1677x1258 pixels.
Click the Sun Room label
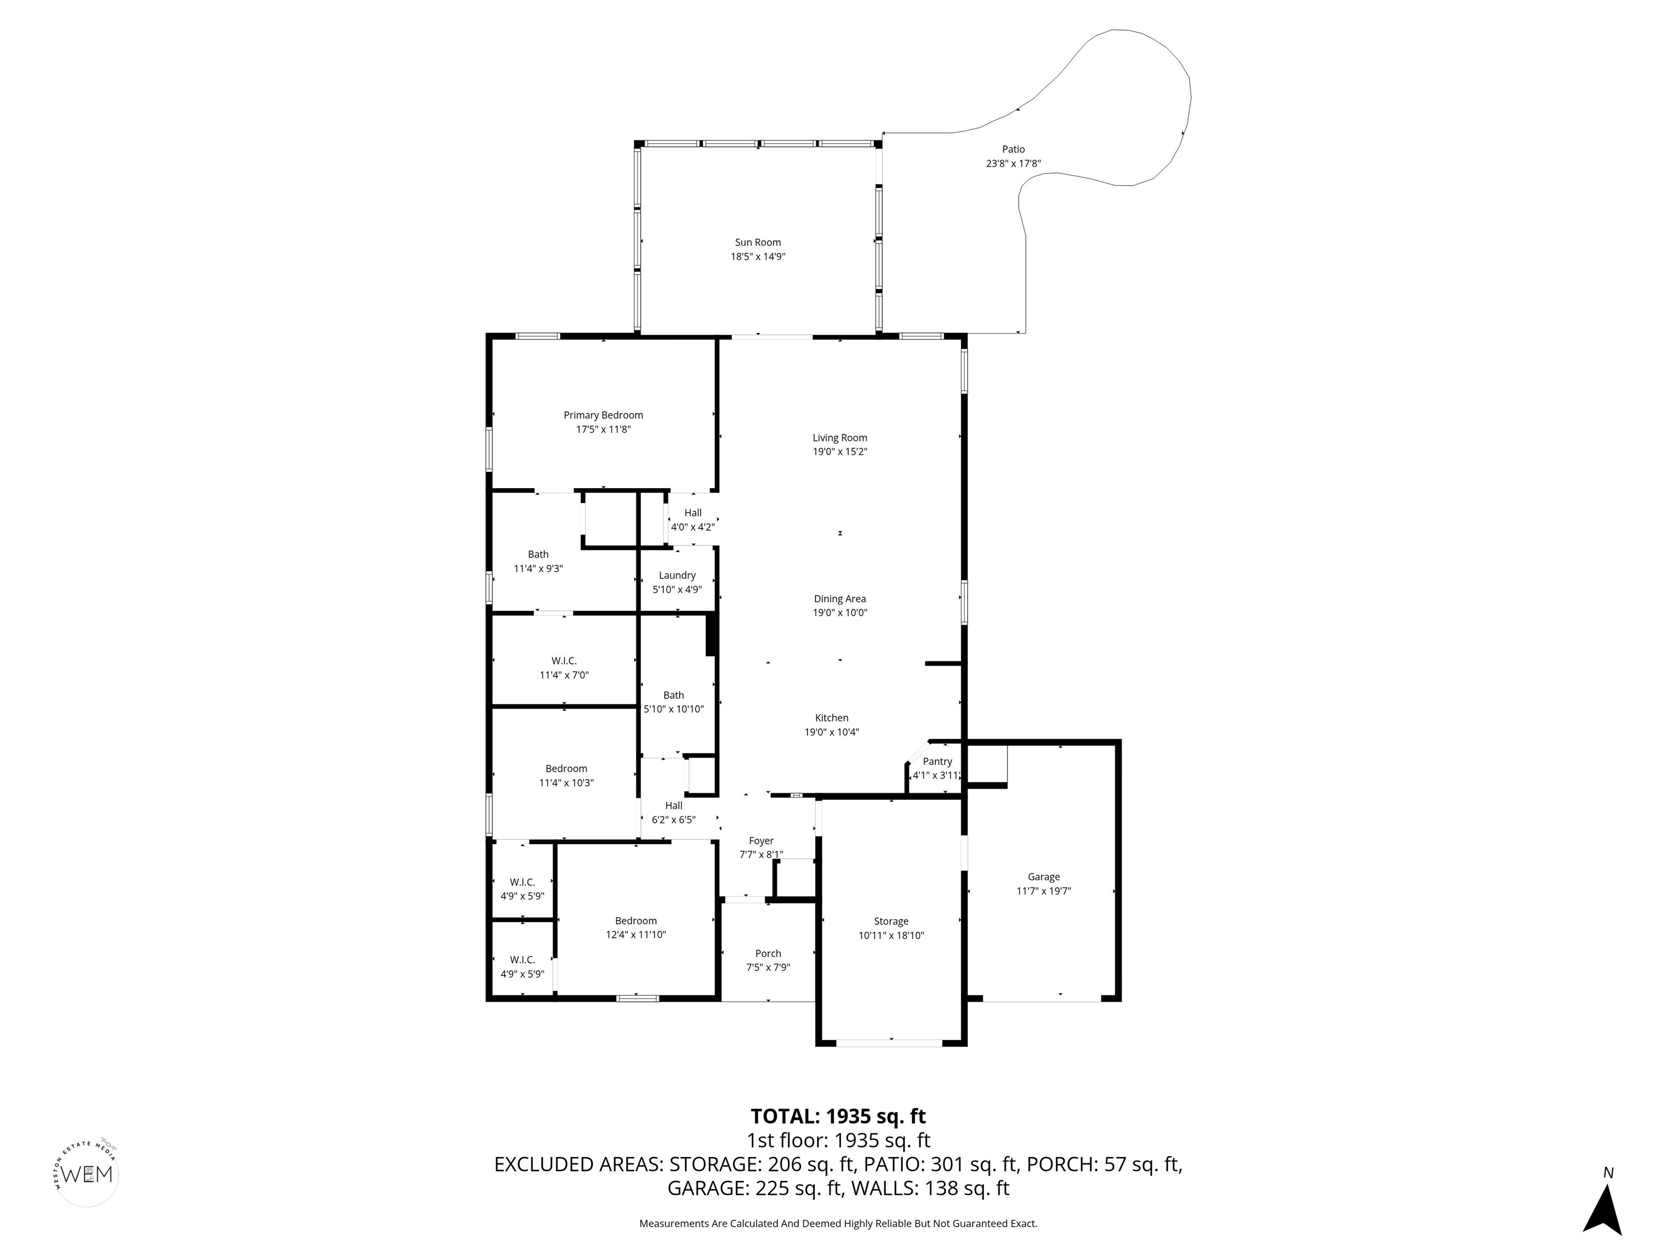[757, 242]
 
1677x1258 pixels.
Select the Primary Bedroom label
[603, 416]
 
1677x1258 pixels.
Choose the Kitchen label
[832, 718]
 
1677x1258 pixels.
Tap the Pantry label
[937, 761]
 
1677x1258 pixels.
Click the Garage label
[1043, 876]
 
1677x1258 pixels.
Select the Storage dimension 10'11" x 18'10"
[891, 935]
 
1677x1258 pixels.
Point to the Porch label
[768, 953]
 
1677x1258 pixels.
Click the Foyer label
[761, 840]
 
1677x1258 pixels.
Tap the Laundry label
[677, 575]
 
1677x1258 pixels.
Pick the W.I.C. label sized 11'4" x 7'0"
[564, 661]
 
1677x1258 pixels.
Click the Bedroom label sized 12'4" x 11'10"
[635, 921]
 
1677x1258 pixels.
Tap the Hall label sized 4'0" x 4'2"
[692, 513]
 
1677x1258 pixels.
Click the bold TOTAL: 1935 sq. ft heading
[838, 1116]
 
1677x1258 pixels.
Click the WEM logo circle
[88, 1174]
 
